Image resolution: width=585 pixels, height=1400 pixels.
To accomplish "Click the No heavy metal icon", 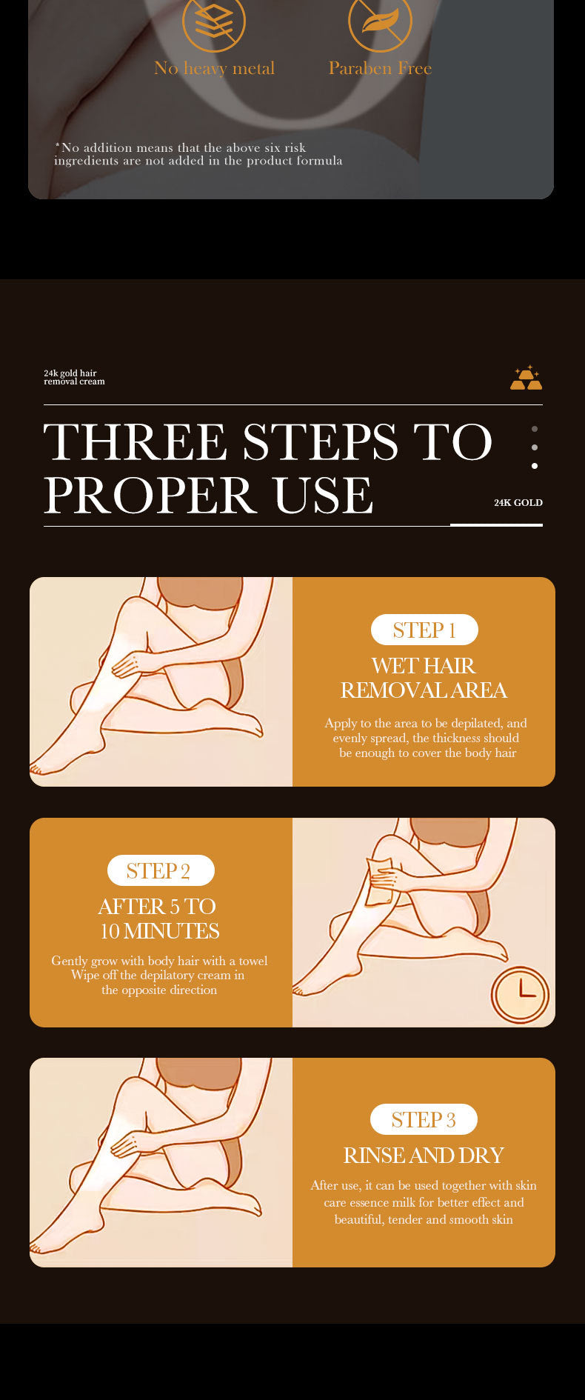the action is pyautogui.click(x=214, y=21).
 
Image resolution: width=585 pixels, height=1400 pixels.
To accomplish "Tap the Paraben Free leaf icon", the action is pyautogui.click(x=380, y=21).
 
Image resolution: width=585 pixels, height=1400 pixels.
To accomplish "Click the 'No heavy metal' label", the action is pyautogui.click(x=214, y=69).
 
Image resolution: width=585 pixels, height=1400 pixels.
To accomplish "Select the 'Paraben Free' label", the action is pyautogui.click(x=380, y=68).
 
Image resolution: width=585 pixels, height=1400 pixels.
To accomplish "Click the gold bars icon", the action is pyautogui.click(x=526, y=377).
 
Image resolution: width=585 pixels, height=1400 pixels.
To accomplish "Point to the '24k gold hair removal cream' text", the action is pyautogui.click(x=74, y=377).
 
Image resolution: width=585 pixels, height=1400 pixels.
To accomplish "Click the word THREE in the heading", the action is pyautogui.click(x=135, y=442).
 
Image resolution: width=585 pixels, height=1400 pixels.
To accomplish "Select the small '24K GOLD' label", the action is pyautogui.click(x=518, y=502).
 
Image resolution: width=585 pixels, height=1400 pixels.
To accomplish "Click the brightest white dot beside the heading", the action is pyautogui.click(x=535, y=466).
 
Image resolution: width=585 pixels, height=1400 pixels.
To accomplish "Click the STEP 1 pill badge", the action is pyautogui.click(x=424, y=630).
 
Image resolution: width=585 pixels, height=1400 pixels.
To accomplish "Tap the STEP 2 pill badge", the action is pyautogui.click(x=161, y=870).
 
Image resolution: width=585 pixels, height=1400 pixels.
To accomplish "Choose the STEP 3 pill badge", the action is pyautogui.click(x=424, y=1119).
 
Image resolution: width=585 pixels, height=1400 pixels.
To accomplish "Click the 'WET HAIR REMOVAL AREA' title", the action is pyautogui.click(x=424, y=678).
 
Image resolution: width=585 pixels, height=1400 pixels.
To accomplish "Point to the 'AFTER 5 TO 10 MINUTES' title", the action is pyautogui.click(x=159, y=919).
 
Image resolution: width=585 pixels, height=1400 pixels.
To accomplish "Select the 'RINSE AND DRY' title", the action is pyautogui.click(x=424, y=1156).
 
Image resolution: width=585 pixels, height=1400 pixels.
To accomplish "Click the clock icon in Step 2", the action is pyautogui.click(x=521, y=995).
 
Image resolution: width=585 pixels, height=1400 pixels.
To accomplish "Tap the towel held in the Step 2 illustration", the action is pyautogui.click(x=380, y=880).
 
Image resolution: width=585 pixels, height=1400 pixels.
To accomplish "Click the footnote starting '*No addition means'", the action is pyautogui.click(x=198, y=154).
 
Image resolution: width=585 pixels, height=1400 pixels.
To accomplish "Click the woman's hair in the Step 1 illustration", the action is pyautogui.click(x=200, y=593).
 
